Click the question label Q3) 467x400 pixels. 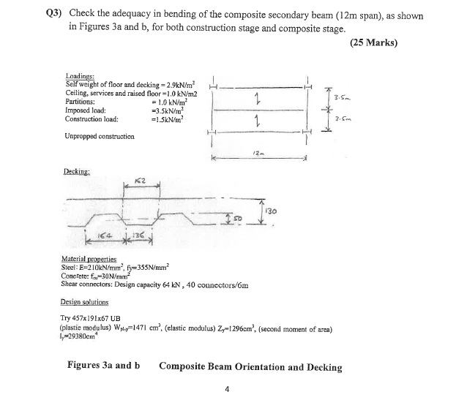(55, 15)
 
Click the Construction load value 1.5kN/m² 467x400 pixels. (165, 118)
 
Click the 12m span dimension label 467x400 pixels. (258, 152)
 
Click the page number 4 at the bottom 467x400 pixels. (229, 389)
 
